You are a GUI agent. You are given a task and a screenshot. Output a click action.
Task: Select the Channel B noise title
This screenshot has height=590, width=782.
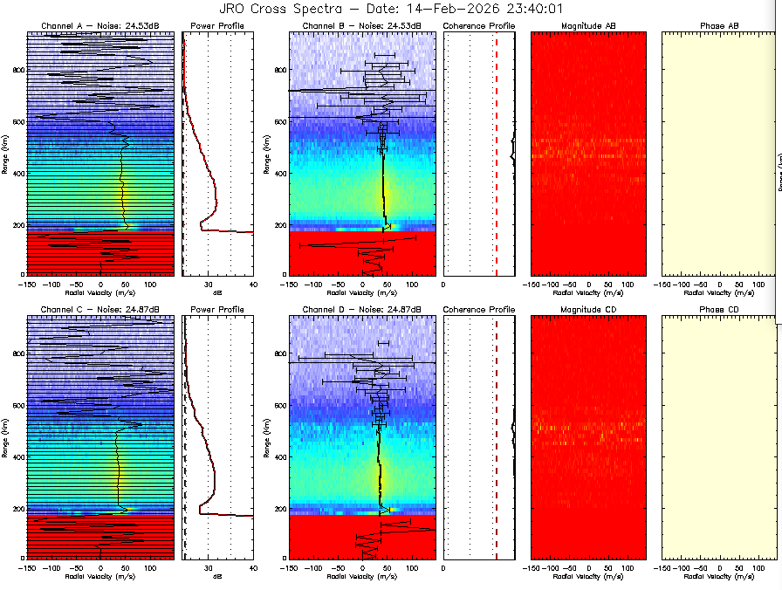(361, 27)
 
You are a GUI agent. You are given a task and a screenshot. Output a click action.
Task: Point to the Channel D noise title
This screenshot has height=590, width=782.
(361, 310)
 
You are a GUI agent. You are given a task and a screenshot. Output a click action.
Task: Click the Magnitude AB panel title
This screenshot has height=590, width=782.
(588, 27)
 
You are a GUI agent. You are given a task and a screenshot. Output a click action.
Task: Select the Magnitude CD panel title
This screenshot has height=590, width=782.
(588, 310)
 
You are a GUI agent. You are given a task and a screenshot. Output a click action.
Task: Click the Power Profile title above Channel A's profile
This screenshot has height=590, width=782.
(217, 27)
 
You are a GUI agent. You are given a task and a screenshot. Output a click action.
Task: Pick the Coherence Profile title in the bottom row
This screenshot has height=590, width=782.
(479, 310)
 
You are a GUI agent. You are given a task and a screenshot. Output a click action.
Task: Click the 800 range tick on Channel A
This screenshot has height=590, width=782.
(18, 71)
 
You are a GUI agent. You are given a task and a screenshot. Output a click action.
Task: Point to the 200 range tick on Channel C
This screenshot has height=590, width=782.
(18, 508)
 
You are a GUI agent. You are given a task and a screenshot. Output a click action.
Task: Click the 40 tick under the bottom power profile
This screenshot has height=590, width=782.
(252, 567)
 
